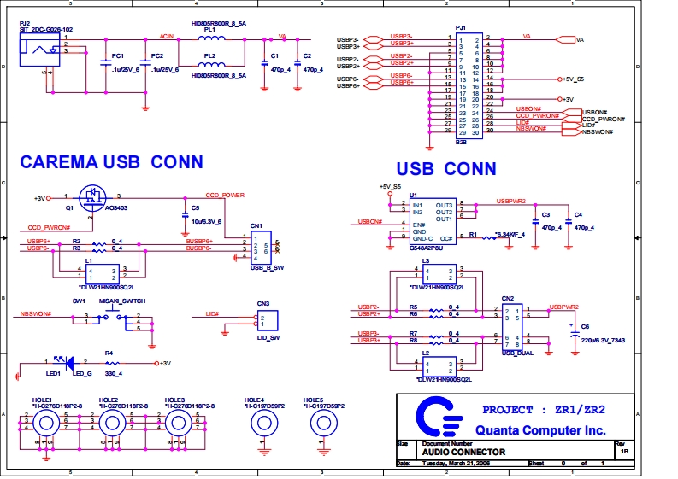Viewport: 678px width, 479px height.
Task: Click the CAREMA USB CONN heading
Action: pos(111,161)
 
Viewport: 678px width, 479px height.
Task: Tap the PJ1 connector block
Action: pos(467,86)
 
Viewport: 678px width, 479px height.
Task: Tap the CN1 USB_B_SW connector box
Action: pos(261,247)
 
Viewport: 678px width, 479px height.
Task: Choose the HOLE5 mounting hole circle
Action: pos(322,422)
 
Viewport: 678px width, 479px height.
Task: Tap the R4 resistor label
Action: pos(109,353)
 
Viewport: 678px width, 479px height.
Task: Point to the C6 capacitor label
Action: pos(585,327)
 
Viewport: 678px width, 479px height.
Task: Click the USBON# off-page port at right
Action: pos(594,112)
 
